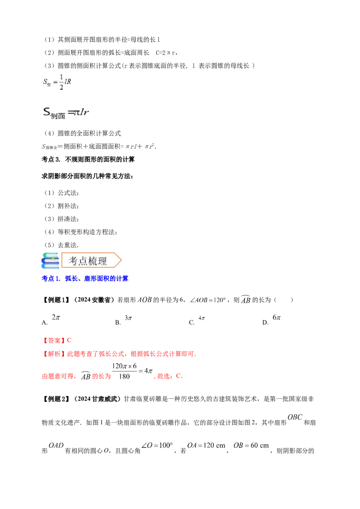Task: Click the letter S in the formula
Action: coord(45,81)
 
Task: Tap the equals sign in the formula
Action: coord(55,82)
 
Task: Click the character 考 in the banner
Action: coord(73,261)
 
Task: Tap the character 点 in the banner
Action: coord(83,261)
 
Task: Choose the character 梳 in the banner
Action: coord(94,261)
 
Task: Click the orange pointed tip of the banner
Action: coord(120,260)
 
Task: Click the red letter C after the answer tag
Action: coord(69,340)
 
